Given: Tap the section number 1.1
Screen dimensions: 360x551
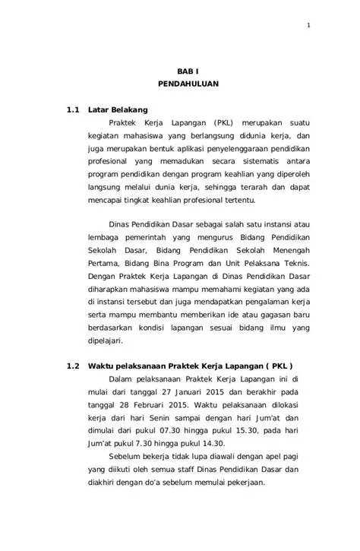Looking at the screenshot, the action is [73, 109].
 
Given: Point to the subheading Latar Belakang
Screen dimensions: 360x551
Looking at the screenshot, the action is [118, 109].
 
